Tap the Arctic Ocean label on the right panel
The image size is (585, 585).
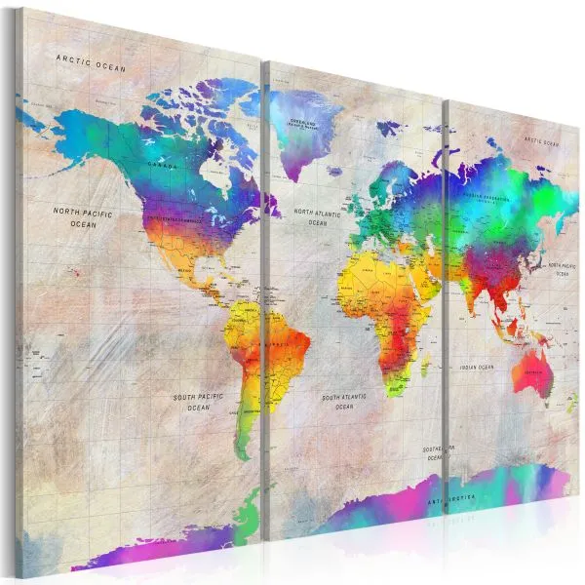(543, 142)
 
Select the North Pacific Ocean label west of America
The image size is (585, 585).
(83, 217)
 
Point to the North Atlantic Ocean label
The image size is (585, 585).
(317, 215)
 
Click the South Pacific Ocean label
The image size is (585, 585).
(199, 402)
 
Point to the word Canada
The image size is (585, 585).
(164, 165)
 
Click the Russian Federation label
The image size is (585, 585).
(486, 194)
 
